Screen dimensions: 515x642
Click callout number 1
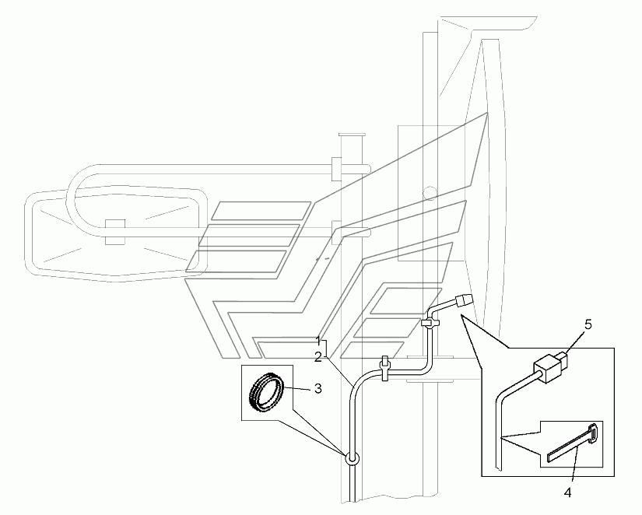tap(318, 340)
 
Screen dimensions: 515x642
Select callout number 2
tap(318, 357)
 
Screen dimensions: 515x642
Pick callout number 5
tap(588, 324)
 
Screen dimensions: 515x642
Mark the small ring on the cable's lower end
tap(352, 458)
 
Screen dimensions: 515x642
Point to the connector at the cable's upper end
tap(463, 300)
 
